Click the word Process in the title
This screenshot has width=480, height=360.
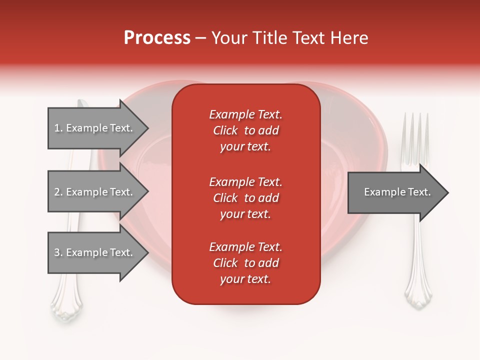[x=157, y=38]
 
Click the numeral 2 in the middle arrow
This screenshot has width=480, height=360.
[x=56, y=192]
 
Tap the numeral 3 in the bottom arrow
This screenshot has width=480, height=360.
[x=56, y=252]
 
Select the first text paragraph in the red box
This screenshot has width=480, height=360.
[x=245, y=130]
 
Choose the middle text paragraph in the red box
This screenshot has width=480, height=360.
[x=245, y=198]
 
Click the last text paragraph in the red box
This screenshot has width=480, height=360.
[x=245, y=263]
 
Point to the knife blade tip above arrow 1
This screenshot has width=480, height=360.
[x=82, y=103]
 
